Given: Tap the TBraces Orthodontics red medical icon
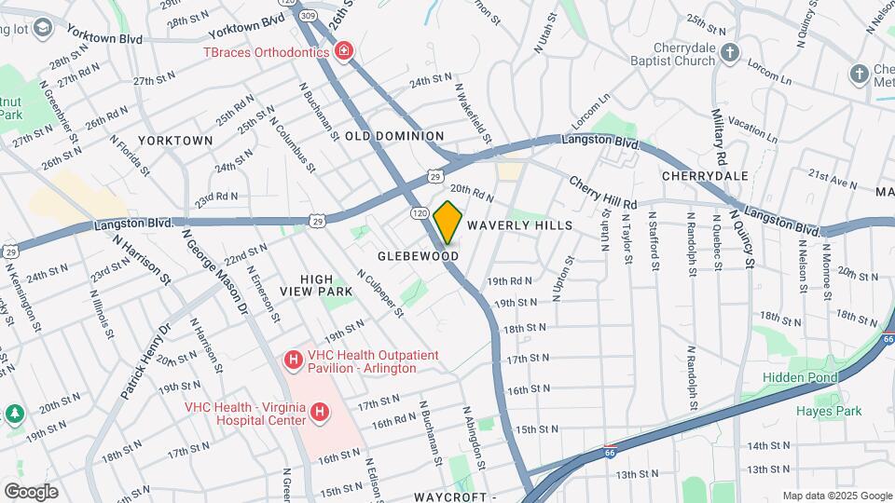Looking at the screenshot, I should pyautogui.click(x=344, y=51).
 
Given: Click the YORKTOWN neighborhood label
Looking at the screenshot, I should pyautogui.click(x=175, y=141).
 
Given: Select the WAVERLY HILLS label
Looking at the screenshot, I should pyautogui.click(x=519, y=225).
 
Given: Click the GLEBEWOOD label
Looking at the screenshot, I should pyautogui.click(x=419, y=255).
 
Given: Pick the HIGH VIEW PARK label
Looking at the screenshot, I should pyautogui.click(x=326, y=285).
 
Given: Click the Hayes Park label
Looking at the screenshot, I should pyautogui.click(x=827, y=411).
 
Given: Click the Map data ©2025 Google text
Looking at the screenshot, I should pyautogui.click(x=836, y=496).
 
